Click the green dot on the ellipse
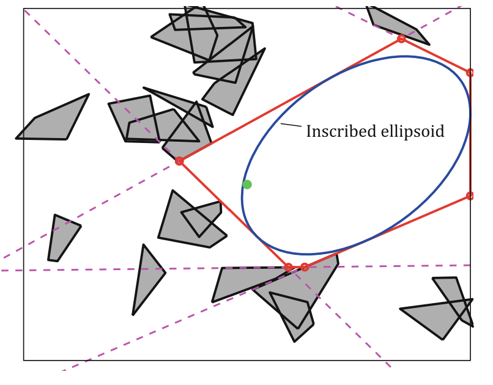[x=247, y=185]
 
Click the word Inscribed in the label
[x=338, y=132]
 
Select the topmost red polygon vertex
[x=401, y=38]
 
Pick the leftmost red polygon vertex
[x=179, y=161]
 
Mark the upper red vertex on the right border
[x=470, y=73]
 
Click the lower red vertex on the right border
[x=470, y=196]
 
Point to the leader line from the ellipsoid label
[x=291, y=125]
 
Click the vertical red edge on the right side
[x=471, y=134]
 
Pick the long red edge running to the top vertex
[x=291, y=100]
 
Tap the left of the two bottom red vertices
[x=289, y=267]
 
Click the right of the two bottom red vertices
[x=305, y=267]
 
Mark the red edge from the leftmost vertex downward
[x=234, y=214]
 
